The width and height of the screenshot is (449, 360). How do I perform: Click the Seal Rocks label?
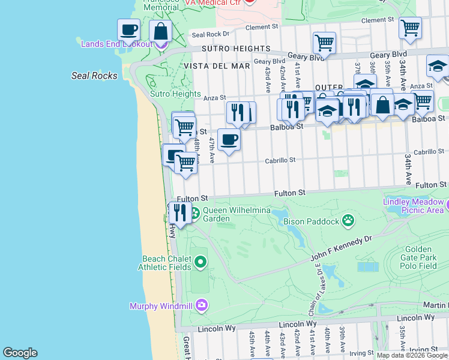94,76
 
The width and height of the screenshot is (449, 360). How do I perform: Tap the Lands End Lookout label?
114,43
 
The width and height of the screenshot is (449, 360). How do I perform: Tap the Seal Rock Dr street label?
206,34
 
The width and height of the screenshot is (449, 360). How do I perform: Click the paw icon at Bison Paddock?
348,221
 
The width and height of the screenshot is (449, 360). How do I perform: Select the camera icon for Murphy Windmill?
201,306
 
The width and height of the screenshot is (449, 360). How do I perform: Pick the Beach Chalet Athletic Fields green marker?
200,262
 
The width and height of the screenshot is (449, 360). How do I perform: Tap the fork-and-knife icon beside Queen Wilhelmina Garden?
179,212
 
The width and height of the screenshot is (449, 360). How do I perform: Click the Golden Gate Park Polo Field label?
419,257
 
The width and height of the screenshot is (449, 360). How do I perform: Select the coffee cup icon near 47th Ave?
228,140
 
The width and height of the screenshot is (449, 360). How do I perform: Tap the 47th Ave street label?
211,150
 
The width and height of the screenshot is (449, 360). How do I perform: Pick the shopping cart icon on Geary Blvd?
324,43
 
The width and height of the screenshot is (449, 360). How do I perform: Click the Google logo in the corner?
20,353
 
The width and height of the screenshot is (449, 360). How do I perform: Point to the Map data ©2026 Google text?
412,355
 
